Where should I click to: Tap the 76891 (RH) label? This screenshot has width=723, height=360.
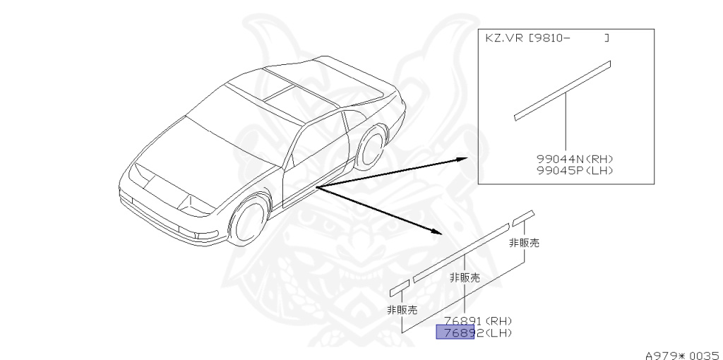(x=477, y=321)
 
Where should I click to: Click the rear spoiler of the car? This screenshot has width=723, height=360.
(x=339, y=78)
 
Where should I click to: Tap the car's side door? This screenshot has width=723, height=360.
(x=311, y=159)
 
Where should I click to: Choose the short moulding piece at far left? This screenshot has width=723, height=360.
(x=400, y=286)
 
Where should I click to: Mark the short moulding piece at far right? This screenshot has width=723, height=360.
(x=524, y=216)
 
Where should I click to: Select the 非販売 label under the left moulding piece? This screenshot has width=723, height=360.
(x=402, y=309)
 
